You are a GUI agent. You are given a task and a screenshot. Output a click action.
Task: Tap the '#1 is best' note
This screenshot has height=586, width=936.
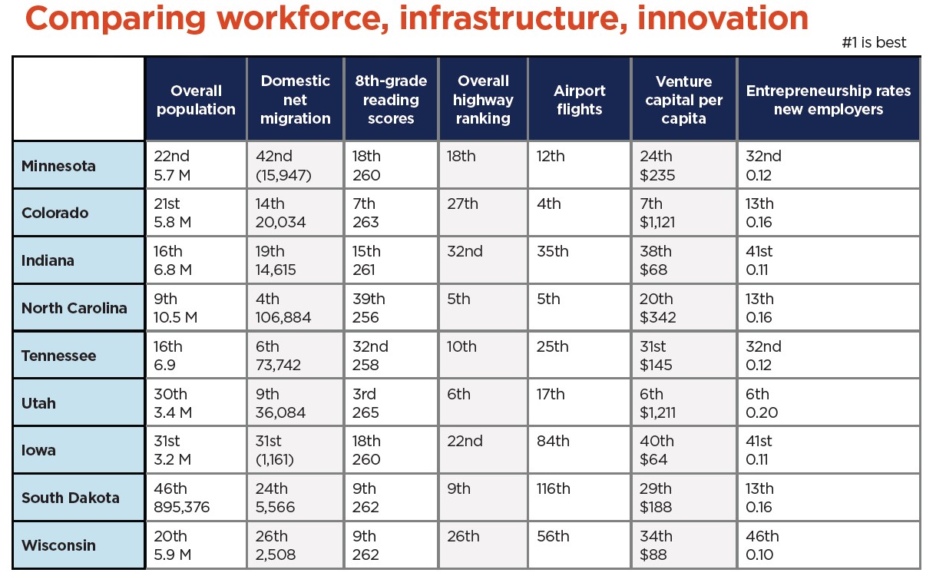tap(874, 43)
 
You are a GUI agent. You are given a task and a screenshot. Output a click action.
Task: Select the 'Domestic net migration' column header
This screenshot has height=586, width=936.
tap(295, 100)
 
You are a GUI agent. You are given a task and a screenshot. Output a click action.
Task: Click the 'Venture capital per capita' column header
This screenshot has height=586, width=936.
tap(683, 100)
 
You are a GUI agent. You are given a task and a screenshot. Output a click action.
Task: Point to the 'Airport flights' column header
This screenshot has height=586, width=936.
tap(580, 100)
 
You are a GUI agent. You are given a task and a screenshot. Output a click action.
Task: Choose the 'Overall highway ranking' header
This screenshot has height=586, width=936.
tap(483, 100)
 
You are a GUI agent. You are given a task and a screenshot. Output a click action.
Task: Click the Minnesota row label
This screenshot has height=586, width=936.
tap(58, 166)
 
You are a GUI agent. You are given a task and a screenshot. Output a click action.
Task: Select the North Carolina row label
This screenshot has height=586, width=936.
tap(74, 308)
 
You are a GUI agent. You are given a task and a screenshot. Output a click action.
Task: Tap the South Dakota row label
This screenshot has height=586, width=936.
tap(70, 498)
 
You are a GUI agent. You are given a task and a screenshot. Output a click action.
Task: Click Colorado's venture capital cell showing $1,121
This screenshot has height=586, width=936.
tap(683, 214)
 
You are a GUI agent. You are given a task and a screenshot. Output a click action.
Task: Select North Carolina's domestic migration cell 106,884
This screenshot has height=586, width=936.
tap(295, 308)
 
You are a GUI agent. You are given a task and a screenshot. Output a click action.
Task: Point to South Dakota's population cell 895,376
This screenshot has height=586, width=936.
tap(195, 498)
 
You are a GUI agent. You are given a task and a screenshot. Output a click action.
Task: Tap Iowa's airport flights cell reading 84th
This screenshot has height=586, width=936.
tap(580, 450)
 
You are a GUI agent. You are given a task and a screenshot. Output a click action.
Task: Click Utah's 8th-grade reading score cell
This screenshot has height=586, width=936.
tap(391, 403)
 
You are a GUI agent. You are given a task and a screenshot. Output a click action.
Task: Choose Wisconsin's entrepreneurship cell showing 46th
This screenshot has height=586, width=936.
tap(828, 545)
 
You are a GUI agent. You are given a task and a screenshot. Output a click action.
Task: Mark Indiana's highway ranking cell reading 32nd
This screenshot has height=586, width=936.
tap(483, 260)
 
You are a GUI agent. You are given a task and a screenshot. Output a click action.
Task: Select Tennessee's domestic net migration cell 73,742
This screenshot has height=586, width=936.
tap(295, 356)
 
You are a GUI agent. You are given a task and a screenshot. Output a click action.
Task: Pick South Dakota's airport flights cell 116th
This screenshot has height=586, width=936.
tap(580, 498)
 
